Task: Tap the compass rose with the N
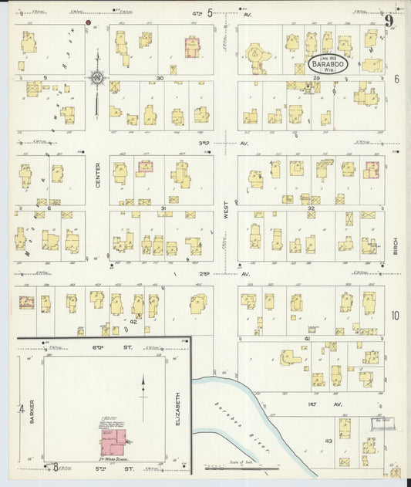(97, 77)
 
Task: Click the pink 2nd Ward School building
(116, 439)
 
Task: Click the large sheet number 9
(390, 22)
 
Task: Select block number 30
(160, 78)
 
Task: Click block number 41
(306, 339)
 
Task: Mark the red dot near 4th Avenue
(88, 24)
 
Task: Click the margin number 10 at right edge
(395, 315)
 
